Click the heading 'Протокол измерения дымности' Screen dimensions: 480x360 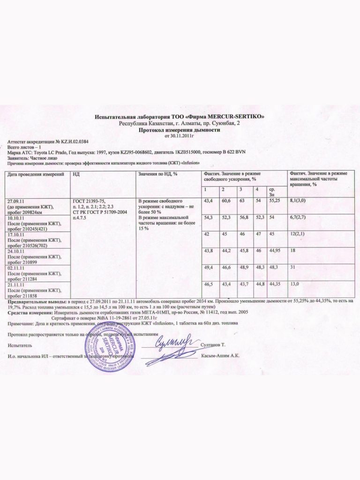tap(180, 131)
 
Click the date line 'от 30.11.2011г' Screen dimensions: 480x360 tap(180, 136)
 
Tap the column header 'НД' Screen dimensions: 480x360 tap(76, 174)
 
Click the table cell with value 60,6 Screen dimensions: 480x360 tap(226, 201)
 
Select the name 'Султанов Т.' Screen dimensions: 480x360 tap(214, 345)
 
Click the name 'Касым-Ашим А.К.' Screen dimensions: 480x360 tap(221, 356)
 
